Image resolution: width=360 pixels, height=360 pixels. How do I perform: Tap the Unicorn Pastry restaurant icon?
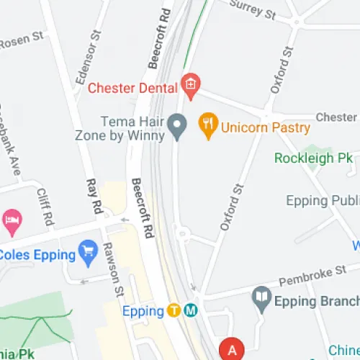tap(208, 127)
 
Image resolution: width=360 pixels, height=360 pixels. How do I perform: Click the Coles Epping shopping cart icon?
tap(89, 253)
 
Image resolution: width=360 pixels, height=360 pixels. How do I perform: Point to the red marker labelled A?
tap(232, 349)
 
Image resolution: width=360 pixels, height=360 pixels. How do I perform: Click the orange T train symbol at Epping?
tap(174, 311)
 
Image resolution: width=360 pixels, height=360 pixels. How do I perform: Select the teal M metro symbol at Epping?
tap(191, 311)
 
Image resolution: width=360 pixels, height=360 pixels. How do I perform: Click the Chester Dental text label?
tap(133, 89)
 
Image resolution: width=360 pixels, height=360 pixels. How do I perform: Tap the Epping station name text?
tap(143, 312)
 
